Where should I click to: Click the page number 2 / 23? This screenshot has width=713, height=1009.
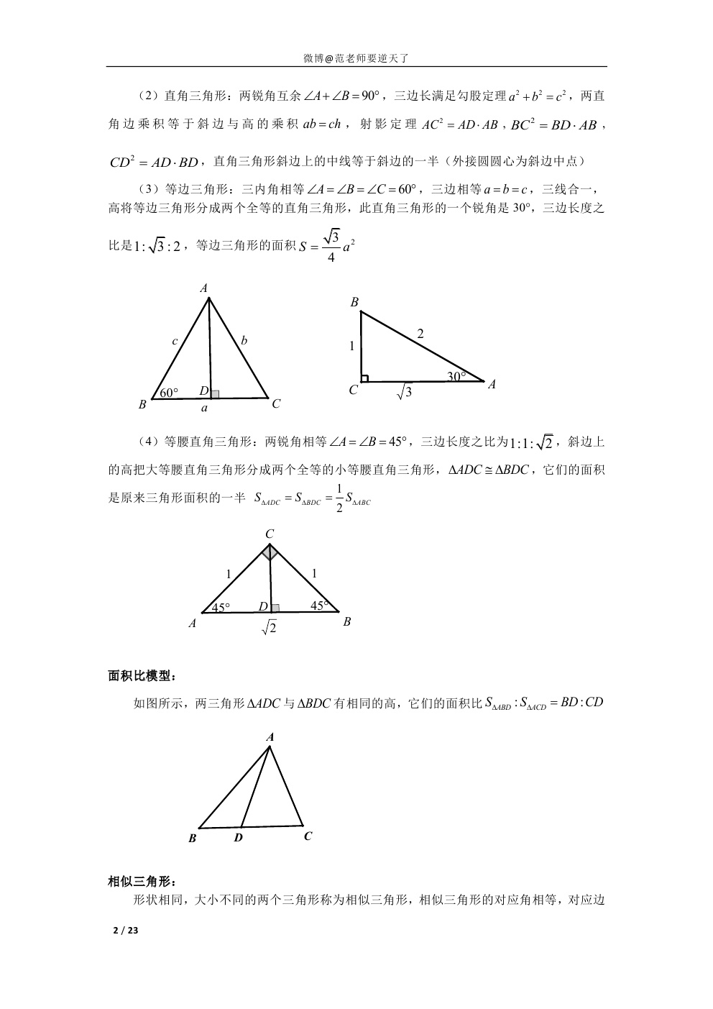[x=125, y=930]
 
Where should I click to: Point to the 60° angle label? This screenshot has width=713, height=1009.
[x=169, y=392]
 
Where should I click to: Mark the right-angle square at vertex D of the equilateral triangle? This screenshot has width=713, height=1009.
[x=214, y=393]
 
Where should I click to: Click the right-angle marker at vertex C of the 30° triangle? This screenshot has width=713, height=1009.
[x=364, y=378]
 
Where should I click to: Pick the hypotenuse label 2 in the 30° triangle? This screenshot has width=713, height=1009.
[x=420, y=334]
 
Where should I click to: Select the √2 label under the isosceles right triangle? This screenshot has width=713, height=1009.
[x=270, y=628]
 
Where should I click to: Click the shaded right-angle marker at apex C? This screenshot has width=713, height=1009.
[x=270, y=552]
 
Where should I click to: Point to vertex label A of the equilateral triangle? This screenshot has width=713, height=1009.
[x=204, y=288]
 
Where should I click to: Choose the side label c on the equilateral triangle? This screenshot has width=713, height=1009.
[x=175, y=342]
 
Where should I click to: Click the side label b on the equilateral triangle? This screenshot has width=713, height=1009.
[x=244, y=341]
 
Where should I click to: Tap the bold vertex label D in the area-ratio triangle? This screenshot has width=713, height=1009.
[x=238, y=838]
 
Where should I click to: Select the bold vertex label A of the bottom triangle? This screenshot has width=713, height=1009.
[x=270, y=737]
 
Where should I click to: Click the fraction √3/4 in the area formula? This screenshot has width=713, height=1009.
[x=330, y=247]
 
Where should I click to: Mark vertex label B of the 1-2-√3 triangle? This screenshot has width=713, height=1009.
[x=354, y=303]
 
